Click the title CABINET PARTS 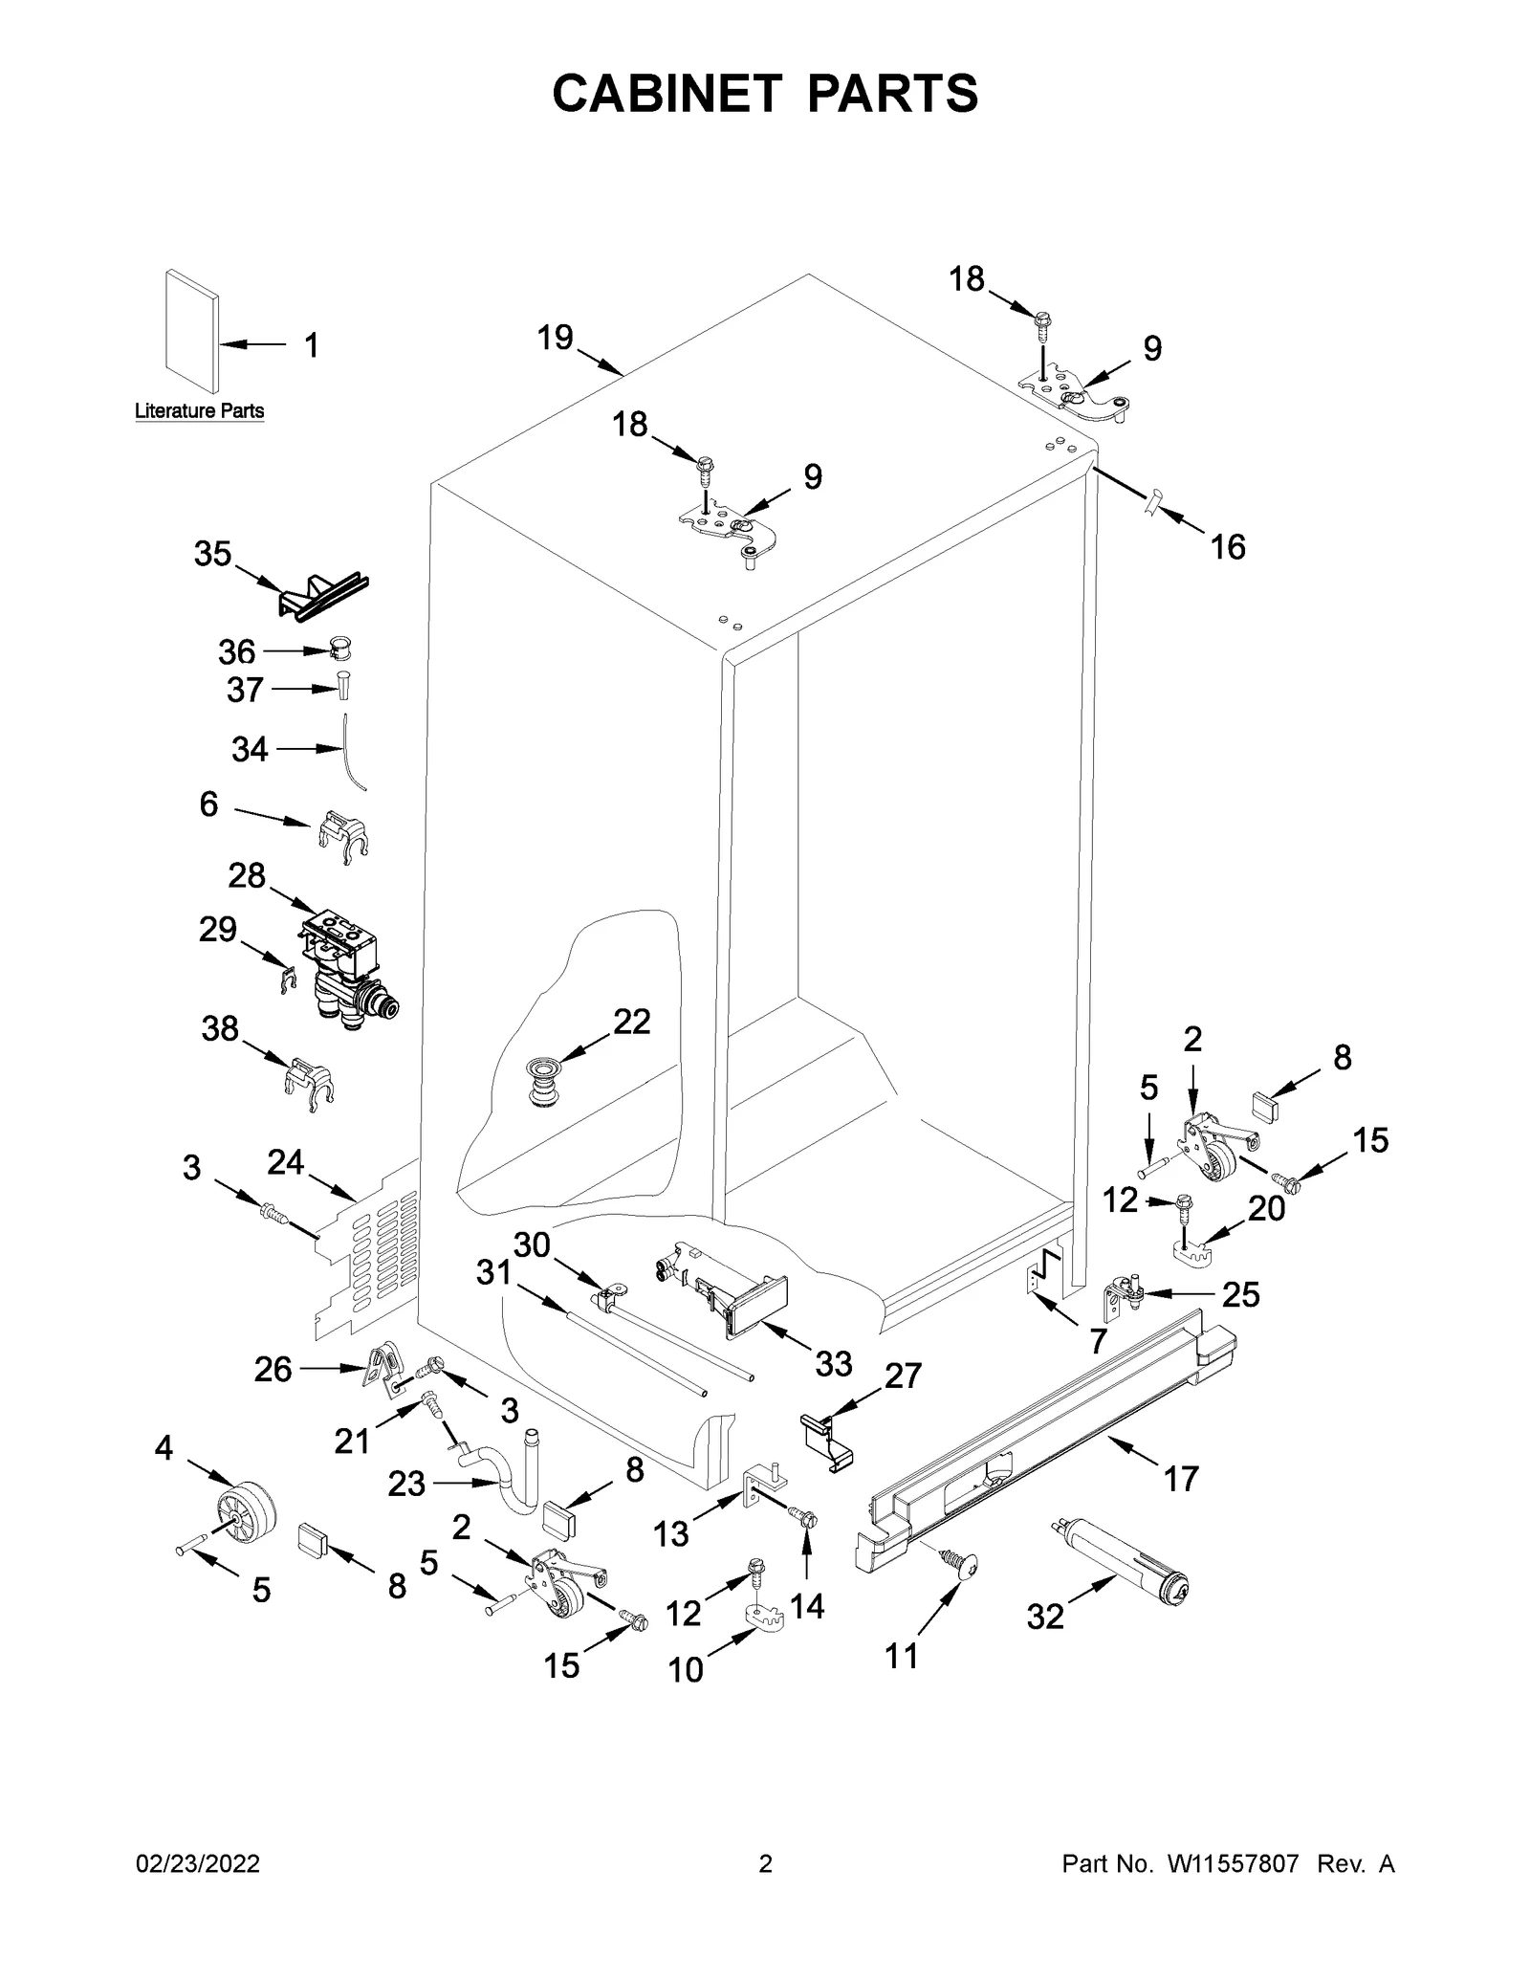765,94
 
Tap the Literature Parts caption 199,411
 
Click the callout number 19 555,338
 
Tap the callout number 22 631,1022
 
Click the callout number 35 212,554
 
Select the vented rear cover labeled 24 368,1253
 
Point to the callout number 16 1228,547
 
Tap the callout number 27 903,1376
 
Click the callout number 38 220,1028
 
